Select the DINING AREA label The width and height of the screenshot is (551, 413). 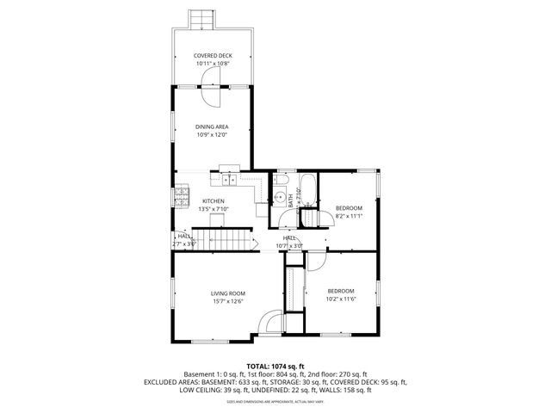tap(212, 127)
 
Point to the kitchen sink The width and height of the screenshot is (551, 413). tap(228, 180)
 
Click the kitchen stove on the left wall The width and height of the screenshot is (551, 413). tap(182, 200)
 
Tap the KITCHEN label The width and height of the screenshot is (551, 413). tap(213, 201)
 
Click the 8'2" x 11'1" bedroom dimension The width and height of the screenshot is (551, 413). tap(349, 216)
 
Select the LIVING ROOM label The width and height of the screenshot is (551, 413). tap(228, 293)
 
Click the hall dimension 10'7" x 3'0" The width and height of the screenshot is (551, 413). tap(289, 245)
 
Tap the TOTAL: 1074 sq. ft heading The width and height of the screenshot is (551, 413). tap(275, 367)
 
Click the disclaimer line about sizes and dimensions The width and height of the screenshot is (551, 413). tap(275, 401)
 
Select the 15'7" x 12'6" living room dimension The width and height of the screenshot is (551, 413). tap(228, 301)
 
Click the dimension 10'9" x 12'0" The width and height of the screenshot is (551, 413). tap(212, 135)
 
